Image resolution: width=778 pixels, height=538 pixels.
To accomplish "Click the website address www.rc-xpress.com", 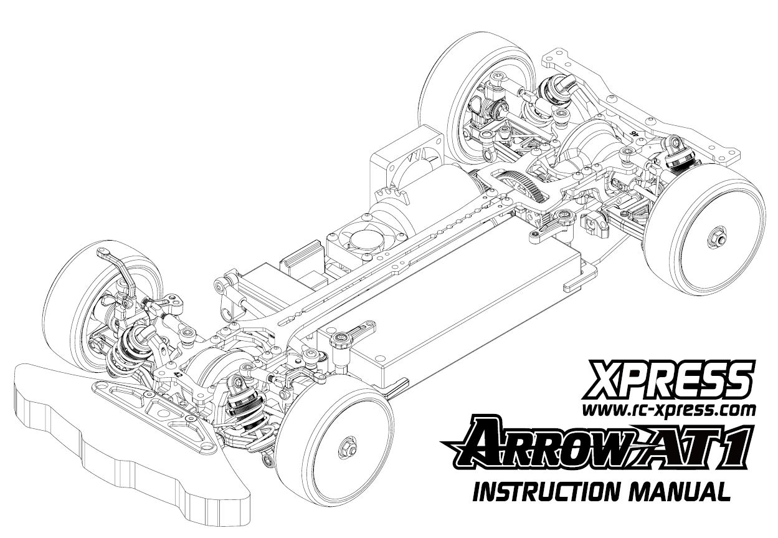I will [x=668, y=410].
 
